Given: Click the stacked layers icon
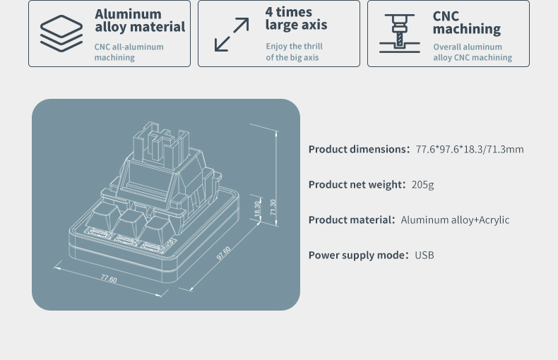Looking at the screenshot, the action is pyautogui.click(x=61, y=33).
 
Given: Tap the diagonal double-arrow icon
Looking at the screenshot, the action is pyautogui.click(x=232, y=35).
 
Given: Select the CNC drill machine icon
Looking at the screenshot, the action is pyautogui.click(x=400, y=33).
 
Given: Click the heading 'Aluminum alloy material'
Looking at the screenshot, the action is pyautogui.click(x=140, y=20).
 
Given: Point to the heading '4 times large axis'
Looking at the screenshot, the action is pyautogui.click(x=296, y=18).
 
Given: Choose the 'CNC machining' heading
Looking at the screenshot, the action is pyautogui.click(x=467, y=23).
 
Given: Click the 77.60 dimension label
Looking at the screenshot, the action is pyautogui.click(x=109, y=279).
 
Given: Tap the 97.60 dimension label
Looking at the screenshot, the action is pyautogui.click(x=224, y=253).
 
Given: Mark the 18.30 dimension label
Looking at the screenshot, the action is pyautogui.click(x=258, y=208).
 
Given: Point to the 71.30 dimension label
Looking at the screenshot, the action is pyautogui.click(x=273, y=207).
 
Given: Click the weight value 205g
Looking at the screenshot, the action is pyautogui.click(x=422, y=185).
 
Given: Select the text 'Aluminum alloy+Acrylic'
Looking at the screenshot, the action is pyautogui.click(x=455, y=220).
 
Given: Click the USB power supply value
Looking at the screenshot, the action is pyautogui.click(x=425, y=255).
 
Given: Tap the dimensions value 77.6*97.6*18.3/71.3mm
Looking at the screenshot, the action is pyautogui.click(x=470, y=149).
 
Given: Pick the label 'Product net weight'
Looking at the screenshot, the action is pyautogui.click(x=357, y=185).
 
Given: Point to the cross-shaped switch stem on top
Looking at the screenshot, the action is pyautogui.click(x=161, y=144).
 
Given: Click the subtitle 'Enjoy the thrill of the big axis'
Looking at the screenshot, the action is pyautogui.click(x=295, y=52).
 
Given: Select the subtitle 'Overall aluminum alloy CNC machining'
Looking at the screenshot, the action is pyautogui.click(x=473, y=52).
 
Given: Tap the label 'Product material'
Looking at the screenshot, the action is pyautogui.click(x=352, y=220).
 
